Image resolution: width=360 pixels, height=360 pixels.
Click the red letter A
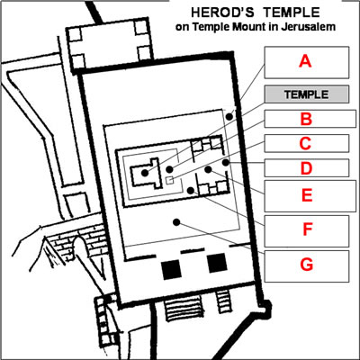(x=305, y=62)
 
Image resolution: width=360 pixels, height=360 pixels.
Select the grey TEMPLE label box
(x=307, y=94)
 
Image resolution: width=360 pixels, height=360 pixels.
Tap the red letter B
(x=306, y=119)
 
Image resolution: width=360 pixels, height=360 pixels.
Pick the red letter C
(x=306, y=143)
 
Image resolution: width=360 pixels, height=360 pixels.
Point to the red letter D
(x=306, y=168)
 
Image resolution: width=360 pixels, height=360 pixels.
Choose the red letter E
(x=307, y=195)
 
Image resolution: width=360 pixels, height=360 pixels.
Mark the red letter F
(x=307, y=229)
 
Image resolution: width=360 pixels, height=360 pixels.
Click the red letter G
(x=307, y=265)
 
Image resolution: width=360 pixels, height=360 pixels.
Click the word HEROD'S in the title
(x=222, y=13)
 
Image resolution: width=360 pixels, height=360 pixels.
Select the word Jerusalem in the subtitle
(x=308, y=27)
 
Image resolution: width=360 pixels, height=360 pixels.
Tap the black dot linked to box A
(x=229, y=116)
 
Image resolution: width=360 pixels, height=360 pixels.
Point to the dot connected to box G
(x=176, y=222)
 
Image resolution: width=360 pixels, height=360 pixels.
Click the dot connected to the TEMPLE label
(x=145, y=173)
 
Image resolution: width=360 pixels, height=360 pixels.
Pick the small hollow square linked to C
(x=170, y=180)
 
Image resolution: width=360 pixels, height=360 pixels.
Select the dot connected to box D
(x=226, y=163)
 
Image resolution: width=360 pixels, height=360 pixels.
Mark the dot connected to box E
(x=208, y=169)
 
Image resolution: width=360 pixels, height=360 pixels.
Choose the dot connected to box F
(x=191, y=190)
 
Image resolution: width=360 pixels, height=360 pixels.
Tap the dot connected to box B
(x=169, y=170)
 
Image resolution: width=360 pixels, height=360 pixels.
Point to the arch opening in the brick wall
(x=81, y=246)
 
